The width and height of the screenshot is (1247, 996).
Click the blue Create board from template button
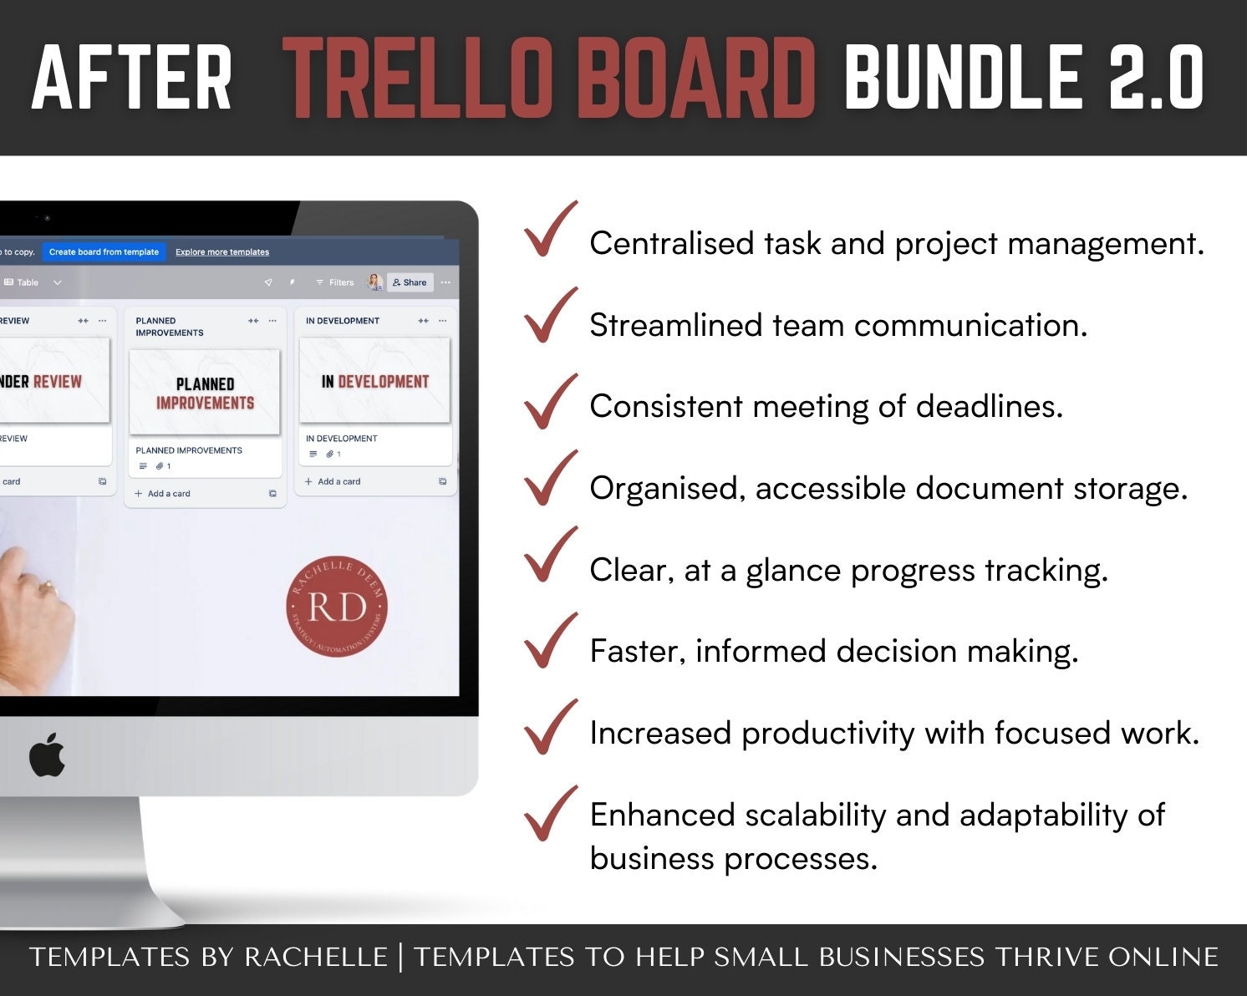[x=104, y=252]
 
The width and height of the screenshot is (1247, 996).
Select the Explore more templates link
[x=222, y=252]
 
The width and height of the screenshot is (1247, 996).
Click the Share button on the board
[x=410, y=282]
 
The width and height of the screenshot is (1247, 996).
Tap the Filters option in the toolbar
[x=335, y=282]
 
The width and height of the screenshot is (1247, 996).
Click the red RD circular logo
[x=337, y=607]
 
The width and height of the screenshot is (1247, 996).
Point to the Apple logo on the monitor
[x=47, y=755]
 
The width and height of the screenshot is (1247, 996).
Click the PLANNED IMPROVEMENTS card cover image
[x=205, y=393]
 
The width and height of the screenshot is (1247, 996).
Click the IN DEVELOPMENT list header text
[x=343, y=321]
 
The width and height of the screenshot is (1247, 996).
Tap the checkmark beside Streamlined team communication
[x=550, y=315]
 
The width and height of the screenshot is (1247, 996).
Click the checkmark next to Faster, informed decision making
[x=550, y=641]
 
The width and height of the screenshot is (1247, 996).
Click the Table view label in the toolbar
[x=28, y=282]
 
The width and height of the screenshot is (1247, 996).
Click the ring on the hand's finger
[x=48, y=586]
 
